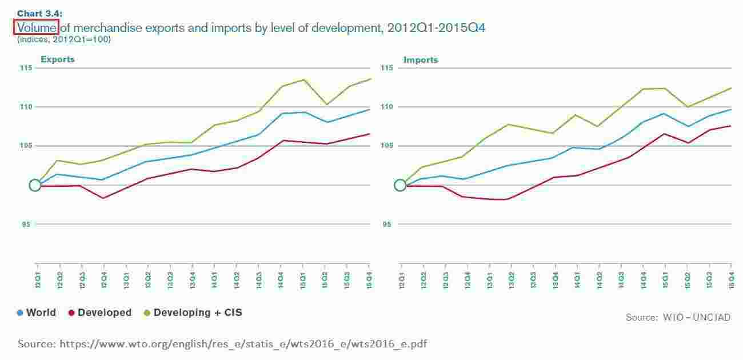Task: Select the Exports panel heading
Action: point(57,59)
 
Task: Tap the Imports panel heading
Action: point(421,59)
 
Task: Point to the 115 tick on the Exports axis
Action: point(25,68)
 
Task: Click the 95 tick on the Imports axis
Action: point(388,225)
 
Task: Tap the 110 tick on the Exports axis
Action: point(25,107)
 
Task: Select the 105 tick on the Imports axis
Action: point(388,146)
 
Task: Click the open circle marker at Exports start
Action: point(35,185)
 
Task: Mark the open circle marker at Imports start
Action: point(400,185)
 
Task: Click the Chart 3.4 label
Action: point(39,13)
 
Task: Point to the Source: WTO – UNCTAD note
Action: point(678,317)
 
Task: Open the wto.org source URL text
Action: point(243,344)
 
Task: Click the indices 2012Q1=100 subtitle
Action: point(63,39)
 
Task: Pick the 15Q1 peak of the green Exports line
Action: point(303,79)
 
